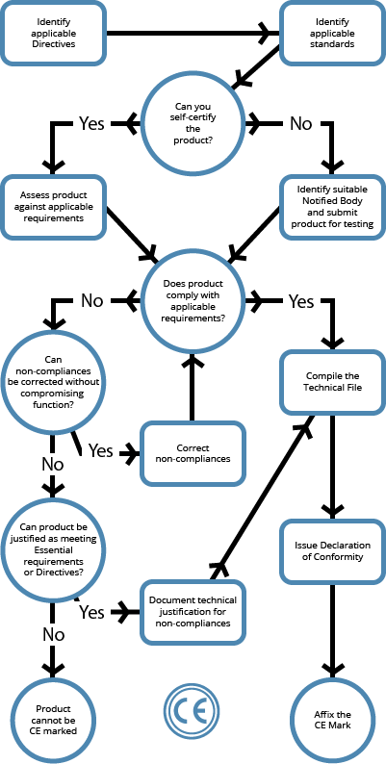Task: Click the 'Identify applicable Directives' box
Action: [53, 33]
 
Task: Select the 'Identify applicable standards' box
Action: [332, 33]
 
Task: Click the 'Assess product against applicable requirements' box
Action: [53, 208]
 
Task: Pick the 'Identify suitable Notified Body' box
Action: [332, 208]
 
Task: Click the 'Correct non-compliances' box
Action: [193, 453]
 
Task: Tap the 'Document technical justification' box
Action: [193, 612]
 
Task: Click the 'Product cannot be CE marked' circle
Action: [53, 720]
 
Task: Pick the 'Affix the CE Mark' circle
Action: [332, 720]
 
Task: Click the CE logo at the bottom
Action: [192, 712]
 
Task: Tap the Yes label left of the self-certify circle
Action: [91, 124]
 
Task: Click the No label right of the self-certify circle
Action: [300, 124]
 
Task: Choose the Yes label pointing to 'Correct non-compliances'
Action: [100, 451]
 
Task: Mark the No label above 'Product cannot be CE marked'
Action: [53, 635]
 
